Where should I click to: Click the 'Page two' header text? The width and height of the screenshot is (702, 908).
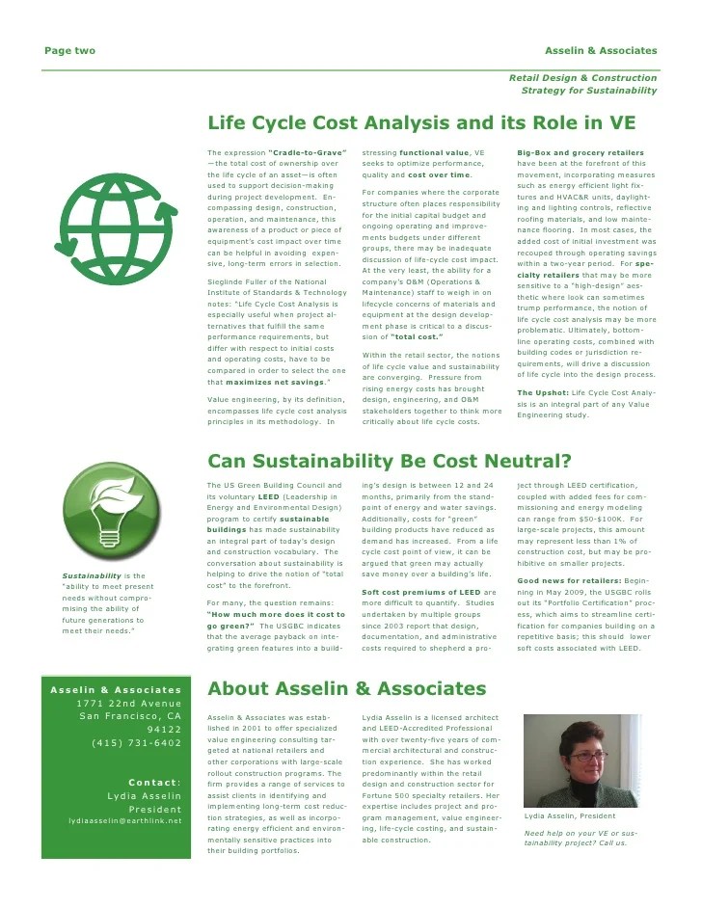(70, 50)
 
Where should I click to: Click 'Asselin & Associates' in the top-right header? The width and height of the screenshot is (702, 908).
(601, 50)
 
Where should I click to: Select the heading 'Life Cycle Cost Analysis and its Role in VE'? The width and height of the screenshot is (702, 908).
(420, 123)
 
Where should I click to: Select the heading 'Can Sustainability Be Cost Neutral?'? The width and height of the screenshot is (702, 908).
(390, 461)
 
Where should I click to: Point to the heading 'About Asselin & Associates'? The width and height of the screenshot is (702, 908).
(347, 688)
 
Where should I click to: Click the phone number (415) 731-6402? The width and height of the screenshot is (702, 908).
(136, 743)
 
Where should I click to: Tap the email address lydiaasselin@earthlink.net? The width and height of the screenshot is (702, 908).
(124, 821)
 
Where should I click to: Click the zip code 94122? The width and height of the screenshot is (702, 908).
(163, 730)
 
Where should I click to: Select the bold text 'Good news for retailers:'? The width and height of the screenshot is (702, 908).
(569, 580)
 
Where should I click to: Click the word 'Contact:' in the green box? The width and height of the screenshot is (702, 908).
(154, 782)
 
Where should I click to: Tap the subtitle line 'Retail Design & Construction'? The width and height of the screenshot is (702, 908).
(582, 77)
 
